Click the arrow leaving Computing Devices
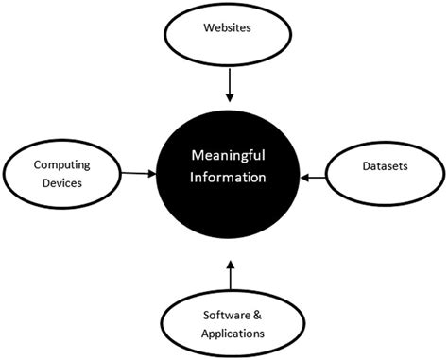pyautogui.click(x=138, y=173)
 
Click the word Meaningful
pyautogui.click(x=227, y=156)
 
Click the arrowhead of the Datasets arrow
pyautogui.click(x=303, y=175)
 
